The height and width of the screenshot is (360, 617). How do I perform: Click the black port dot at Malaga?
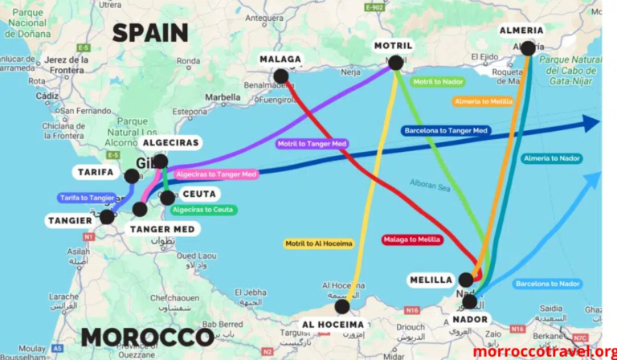point(280,76)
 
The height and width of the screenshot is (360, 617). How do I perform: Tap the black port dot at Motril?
point(396,63)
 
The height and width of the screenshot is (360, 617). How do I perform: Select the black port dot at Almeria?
point(528,48)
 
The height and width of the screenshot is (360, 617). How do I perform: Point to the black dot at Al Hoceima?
point(342,306)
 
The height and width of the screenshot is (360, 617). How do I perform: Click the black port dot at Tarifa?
point(132,176)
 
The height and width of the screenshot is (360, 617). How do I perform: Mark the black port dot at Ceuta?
point(167,197)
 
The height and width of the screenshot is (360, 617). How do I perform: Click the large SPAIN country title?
point(150,33)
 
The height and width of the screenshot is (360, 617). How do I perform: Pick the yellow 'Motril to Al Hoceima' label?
point(318,243)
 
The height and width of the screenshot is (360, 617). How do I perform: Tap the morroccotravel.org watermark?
point(545,352)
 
